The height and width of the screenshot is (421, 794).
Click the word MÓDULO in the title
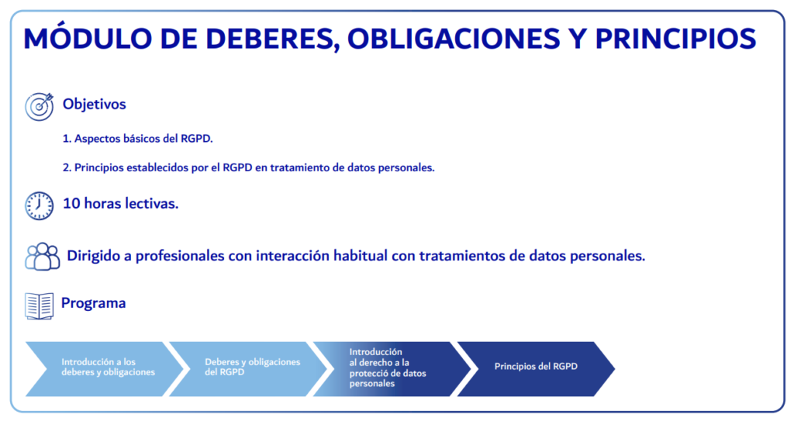pyautogui.click(x=88, y=39)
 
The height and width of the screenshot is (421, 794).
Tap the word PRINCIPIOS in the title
pyautogui.click(x=675, y=39)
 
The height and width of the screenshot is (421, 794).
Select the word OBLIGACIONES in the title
pyautogui.click(x=454, y=39)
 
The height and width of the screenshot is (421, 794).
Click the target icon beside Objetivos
pyautogui.click(x=40, y=106)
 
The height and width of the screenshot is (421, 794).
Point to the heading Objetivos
pyautogui.click(x=94, y=104)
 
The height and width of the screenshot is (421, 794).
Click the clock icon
pyautogui.click(x=40, y=205)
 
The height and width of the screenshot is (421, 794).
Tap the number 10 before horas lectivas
pyautogui.click(x=71, y=204)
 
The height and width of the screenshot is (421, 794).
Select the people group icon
pyautogui.click(x=43, y=257)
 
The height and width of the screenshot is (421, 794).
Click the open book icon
pyautogui.click(x=40, y=306)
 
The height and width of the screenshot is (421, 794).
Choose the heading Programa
pyautogui.click(x=93, y=303)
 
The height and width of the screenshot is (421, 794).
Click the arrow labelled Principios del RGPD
pyautogui.click(x=536, y=369)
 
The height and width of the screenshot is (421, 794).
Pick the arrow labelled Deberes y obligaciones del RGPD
pyautogui.click(x=248, y=369)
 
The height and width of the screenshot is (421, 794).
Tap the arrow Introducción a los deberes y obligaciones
pyautogui.click(x=105, y=369)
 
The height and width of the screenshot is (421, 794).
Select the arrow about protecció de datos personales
pyautogui.click(x=392, y=369)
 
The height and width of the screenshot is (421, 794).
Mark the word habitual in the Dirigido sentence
pyautogui.click(x=361, y=256)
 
